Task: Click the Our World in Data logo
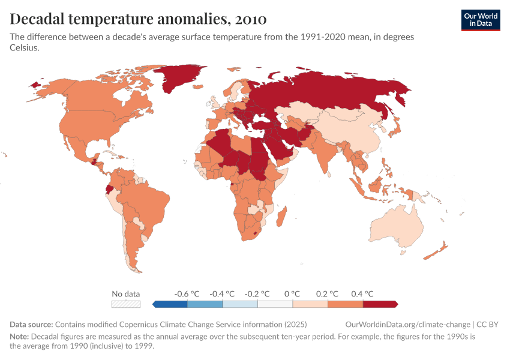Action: coord(480,20)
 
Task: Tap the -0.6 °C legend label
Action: coord(186,294)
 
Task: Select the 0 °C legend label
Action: coord(292,294)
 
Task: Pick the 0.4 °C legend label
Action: coord(362,294)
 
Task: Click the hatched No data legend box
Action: coord(126,304)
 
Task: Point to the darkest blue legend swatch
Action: coord(170,304)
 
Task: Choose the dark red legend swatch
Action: coord(380,304)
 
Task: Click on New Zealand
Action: coord(438,251)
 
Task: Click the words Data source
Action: coord(31,325)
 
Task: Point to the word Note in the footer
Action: coord(19,337)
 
